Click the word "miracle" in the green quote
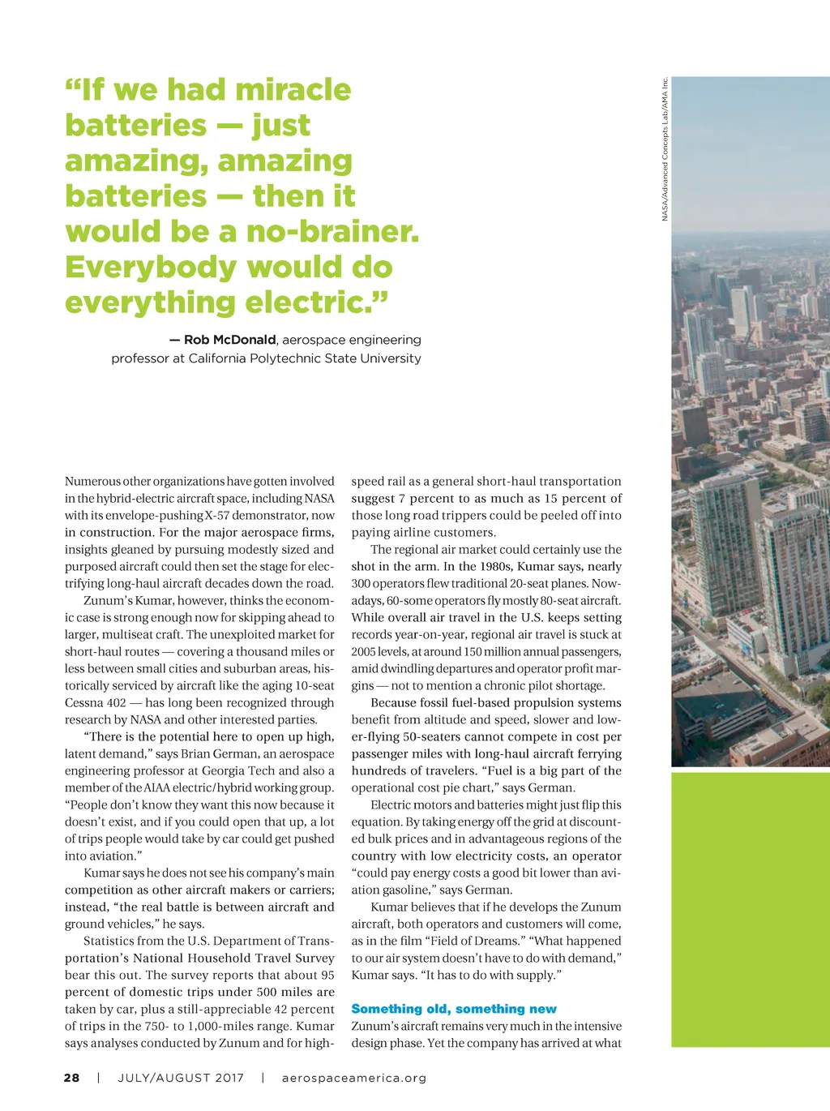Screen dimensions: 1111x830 (x=291, y=89)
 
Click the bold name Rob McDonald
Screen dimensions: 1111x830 (x=230, y=340)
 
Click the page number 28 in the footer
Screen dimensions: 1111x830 (x=72, y=1078)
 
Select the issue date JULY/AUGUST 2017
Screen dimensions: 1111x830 (x=181, y=1078)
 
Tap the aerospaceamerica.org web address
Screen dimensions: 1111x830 (x=354, y=1078)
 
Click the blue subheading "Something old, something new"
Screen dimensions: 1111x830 (x=454, y=1009)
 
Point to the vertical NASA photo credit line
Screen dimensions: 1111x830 (x=665, y=148)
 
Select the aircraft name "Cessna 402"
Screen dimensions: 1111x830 (x=96, y=703)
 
